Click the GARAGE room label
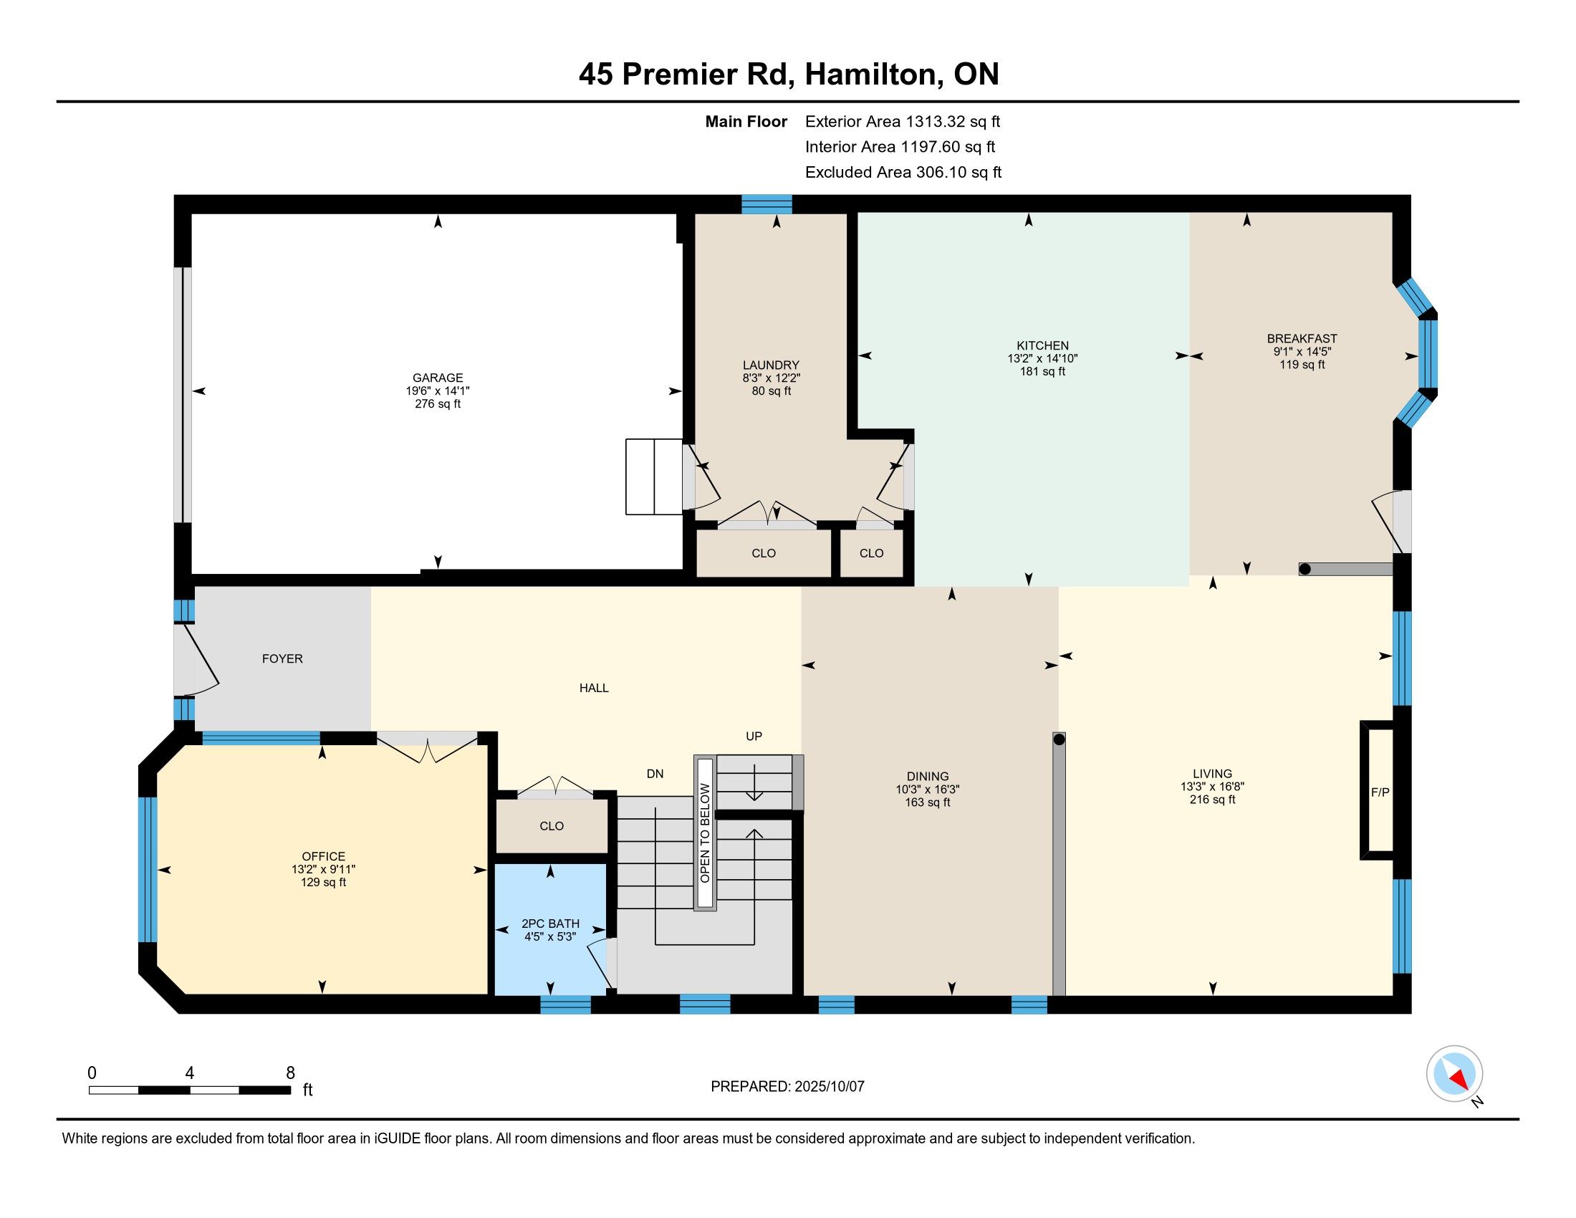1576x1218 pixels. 437,378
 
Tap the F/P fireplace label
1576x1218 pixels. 1380,792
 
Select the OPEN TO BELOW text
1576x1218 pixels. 705,833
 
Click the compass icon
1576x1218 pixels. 1454,1073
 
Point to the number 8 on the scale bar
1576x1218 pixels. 290,1073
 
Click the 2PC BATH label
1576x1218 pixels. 550,924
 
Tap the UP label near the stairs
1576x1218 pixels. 754,736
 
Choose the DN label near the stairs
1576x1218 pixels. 655,774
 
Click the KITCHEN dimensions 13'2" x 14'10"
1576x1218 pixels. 1042,359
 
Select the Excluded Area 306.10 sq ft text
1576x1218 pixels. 903,173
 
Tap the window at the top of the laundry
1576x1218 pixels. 767,204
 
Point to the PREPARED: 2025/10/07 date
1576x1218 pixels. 787,1086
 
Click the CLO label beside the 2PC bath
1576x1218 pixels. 552,826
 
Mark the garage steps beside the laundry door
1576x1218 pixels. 654,477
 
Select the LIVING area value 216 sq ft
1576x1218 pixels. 1212,800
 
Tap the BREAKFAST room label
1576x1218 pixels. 1302,338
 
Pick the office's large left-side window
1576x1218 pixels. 147,870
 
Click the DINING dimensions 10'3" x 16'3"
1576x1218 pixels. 927,790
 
